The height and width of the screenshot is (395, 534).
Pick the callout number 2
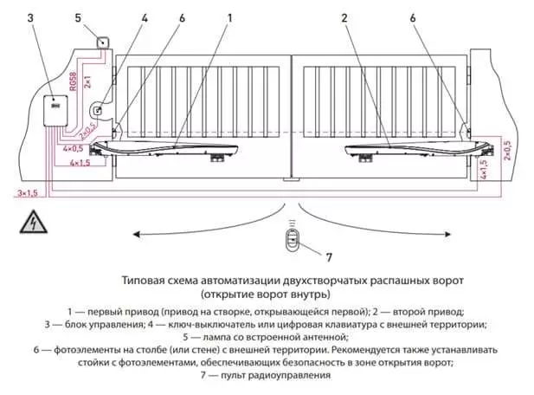(344, 17)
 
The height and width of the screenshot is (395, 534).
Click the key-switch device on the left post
(98, 111)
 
